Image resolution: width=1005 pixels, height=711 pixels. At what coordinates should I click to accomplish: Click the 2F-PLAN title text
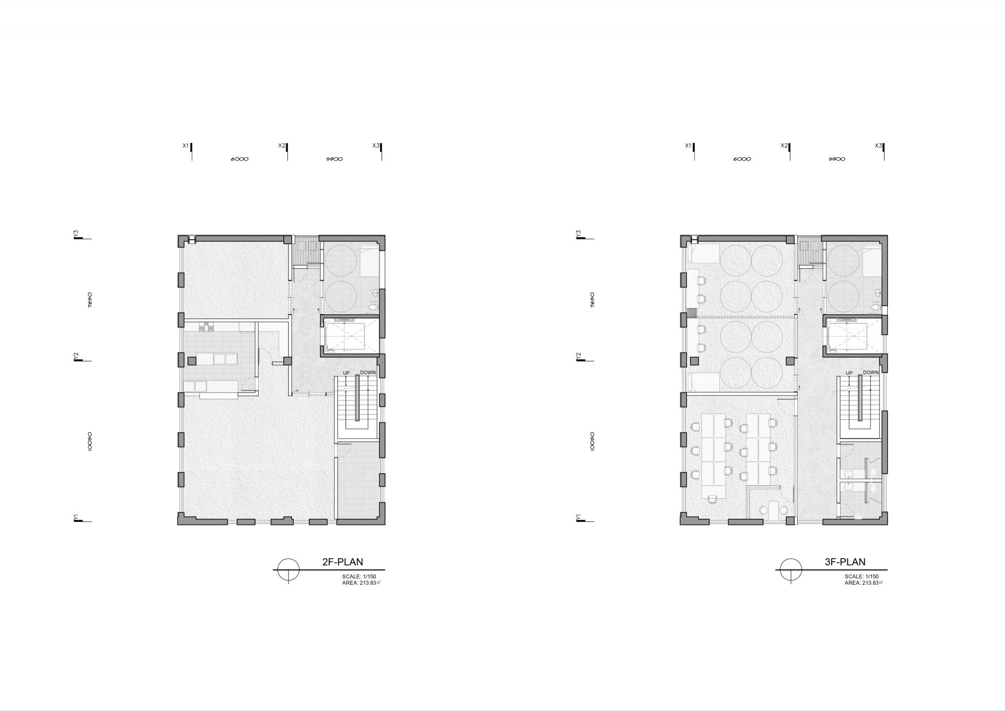[x=342, y=562]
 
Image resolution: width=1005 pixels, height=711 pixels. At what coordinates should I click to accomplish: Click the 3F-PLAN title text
[x=845, y=562]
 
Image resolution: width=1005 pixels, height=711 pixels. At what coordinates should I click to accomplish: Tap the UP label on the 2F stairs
[x=346, y=373]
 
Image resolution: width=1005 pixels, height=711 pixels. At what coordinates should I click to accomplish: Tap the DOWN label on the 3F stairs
[x=871, y=373]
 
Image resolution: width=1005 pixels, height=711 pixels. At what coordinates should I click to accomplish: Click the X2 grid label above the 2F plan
[x=282, y=146]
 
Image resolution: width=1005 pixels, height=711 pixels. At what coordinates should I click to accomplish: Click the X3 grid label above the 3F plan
[x=878, y=146]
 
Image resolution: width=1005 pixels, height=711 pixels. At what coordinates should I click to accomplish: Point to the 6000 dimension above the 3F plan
[x=742, y=159]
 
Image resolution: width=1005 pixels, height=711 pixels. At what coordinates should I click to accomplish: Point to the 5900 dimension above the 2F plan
[x=334, y=159]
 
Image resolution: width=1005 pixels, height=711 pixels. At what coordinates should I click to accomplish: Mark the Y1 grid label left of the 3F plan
[x=579, y=517]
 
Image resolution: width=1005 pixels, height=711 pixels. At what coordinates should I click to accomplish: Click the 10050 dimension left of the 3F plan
[x=592, y=441]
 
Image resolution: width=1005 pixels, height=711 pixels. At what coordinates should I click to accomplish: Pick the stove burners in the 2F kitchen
[x=207, y=327]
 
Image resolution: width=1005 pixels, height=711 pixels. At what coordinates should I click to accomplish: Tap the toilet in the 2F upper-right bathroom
[x=373, y=307]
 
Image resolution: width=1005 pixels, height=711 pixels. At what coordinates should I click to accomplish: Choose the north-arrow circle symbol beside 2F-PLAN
[x=288, y=570]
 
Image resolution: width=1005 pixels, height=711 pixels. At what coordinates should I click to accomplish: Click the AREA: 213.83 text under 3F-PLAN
[x=862, y=583]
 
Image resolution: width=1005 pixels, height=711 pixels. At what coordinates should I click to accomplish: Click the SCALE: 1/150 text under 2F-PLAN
[x=359, y=577]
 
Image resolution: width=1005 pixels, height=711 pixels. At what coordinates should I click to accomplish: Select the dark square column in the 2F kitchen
[x=192, y=360]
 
